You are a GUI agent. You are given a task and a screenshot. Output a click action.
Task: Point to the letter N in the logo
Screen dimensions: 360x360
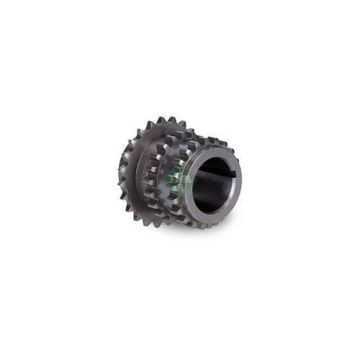click(177, 176)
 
